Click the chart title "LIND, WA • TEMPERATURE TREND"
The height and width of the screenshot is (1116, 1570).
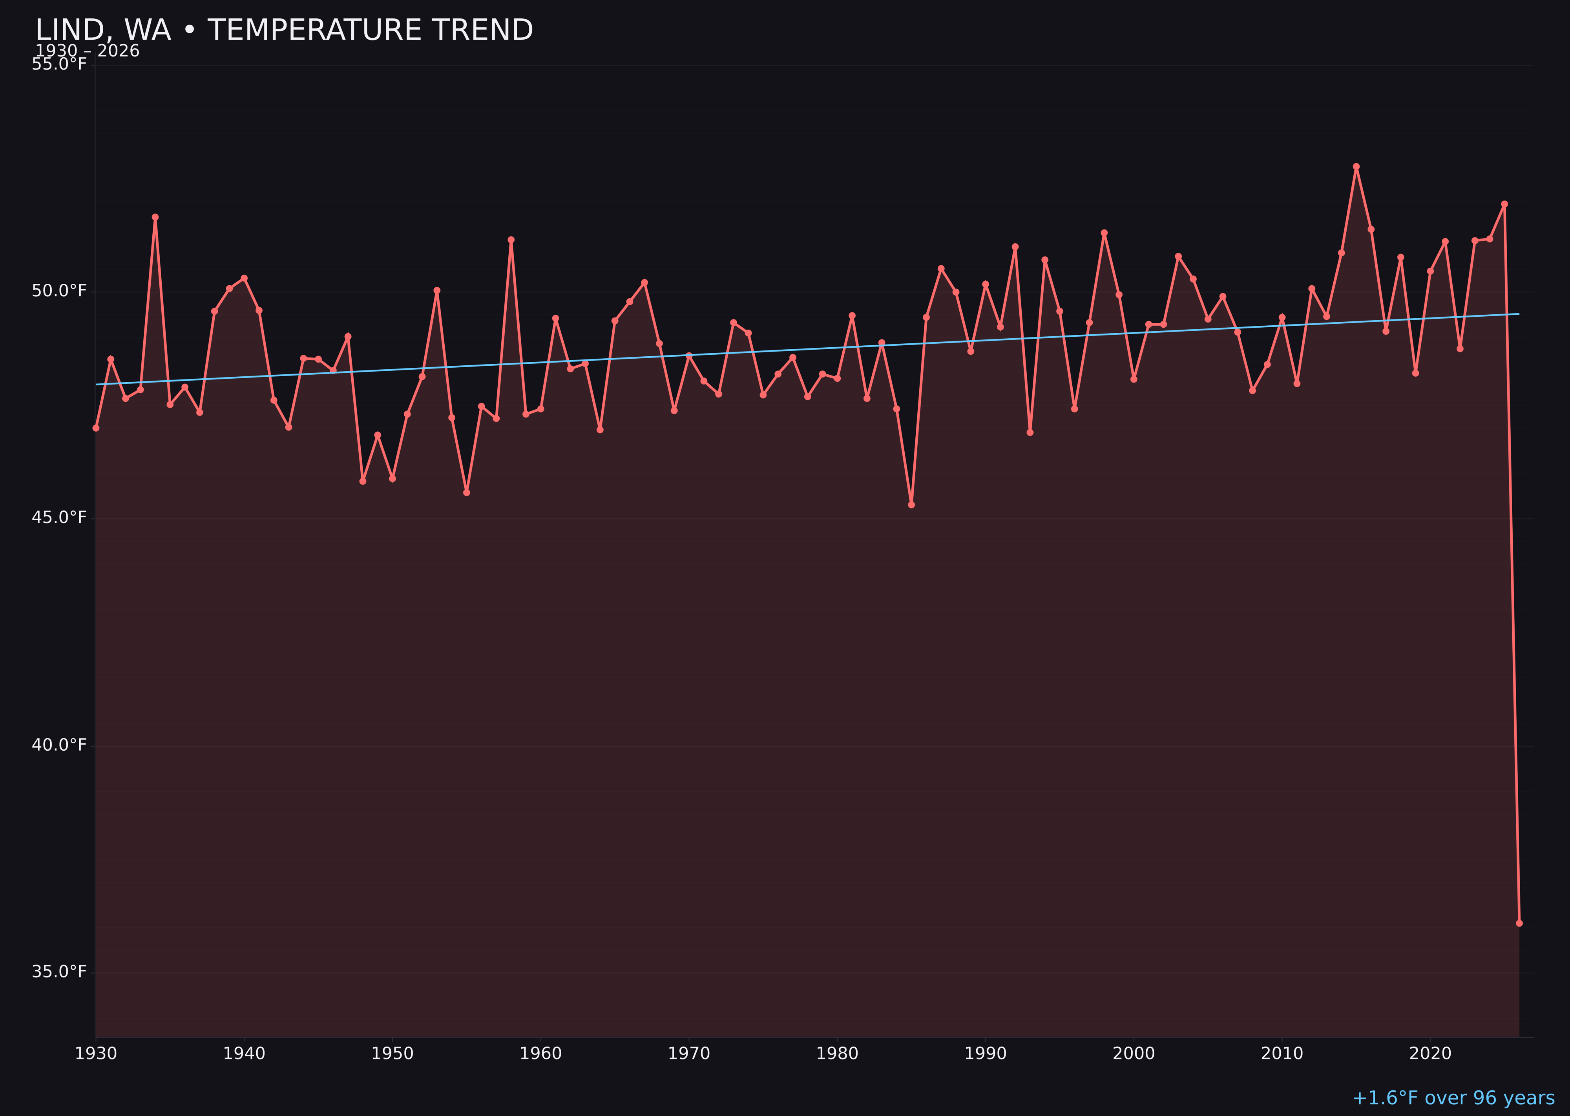[284, 30]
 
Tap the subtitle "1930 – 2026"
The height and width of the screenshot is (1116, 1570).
[87, 51]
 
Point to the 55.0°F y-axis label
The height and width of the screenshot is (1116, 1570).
[59, 65]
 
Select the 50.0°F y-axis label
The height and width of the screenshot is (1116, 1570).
[59, 292]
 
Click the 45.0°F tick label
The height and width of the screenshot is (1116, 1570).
[59, 518]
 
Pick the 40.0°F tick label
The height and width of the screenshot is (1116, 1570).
[59, 745]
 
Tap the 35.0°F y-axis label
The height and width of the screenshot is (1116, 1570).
[59, 972]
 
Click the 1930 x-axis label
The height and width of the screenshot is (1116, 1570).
[96, 1054]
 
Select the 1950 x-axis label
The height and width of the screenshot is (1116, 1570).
[392, 1054]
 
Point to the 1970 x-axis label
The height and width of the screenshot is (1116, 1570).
[689, 1054]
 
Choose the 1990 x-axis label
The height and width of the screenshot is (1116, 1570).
[986, 1054]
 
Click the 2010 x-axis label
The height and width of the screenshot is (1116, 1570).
[1282, 1054]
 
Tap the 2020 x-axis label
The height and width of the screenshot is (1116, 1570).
[1430, 1054]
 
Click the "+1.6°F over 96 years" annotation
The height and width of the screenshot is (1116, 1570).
[1453, 1098]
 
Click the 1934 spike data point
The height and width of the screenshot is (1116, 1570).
[155, 217]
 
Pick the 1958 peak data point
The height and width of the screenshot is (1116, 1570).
[511, 240]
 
